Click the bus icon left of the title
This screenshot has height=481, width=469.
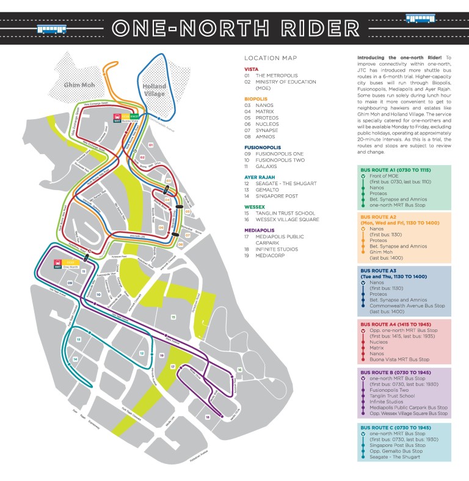coord(52,28)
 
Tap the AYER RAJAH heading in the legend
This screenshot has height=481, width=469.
coord(261,177)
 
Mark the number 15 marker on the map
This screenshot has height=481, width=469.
coord(173,317)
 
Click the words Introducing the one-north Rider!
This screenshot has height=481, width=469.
coord(385,57)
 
